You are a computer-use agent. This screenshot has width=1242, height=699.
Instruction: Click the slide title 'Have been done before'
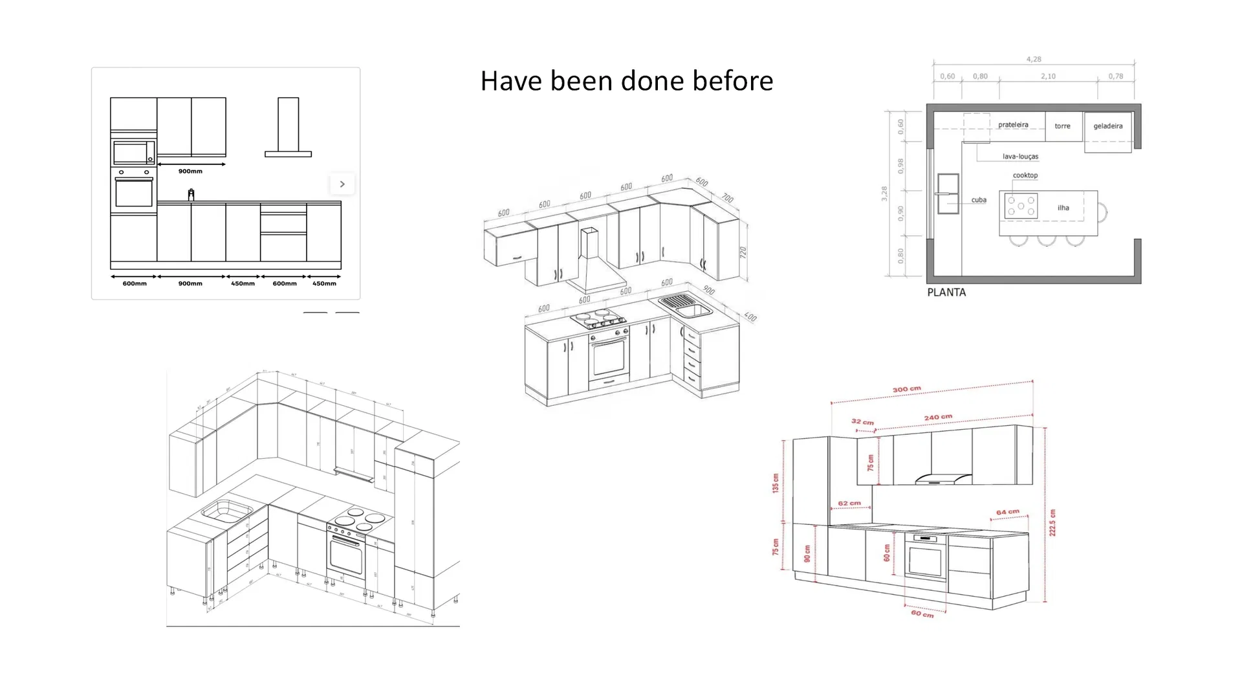pos(626,81)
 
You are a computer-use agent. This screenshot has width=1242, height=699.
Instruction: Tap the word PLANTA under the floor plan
pos(946,293)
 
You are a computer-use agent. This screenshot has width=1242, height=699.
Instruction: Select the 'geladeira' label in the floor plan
pos(1107,126)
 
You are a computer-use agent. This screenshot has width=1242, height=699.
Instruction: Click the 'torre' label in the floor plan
pos(1062,126)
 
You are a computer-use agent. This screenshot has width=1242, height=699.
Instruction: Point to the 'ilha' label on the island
pos(1063,208)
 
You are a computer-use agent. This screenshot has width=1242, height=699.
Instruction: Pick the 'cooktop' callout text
pos(1025,175)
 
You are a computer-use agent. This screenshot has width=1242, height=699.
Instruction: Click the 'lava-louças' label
pos(1020,157)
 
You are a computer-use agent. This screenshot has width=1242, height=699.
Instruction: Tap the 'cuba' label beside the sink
pos(978,200)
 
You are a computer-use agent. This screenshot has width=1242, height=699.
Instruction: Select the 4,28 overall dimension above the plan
pos(1034,60)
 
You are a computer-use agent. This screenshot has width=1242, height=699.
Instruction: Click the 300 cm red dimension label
pos(906,390)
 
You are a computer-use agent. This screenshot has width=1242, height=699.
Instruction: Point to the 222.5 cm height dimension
pos(1052,522)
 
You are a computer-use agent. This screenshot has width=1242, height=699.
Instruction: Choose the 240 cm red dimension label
pos(937,417)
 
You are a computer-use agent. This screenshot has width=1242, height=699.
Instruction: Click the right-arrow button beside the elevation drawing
pos(342,184)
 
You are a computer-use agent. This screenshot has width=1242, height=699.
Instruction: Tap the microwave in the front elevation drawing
pos(134,153)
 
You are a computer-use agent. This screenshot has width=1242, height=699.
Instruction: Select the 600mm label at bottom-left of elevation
pos(135,283)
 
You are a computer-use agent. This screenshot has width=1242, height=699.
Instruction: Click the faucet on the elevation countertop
pos(191,194)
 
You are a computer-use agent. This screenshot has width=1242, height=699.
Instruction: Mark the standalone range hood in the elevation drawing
pos(289,128)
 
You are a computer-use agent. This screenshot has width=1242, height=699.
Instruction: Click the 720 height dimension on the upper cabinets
pos(743,252)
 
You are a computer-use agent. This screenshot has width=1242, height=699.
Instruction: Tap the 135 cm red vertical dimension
pos(775,483)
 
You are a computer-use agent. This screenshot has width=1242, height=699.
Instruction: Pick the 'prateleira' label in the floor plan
pos(1013,125)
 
